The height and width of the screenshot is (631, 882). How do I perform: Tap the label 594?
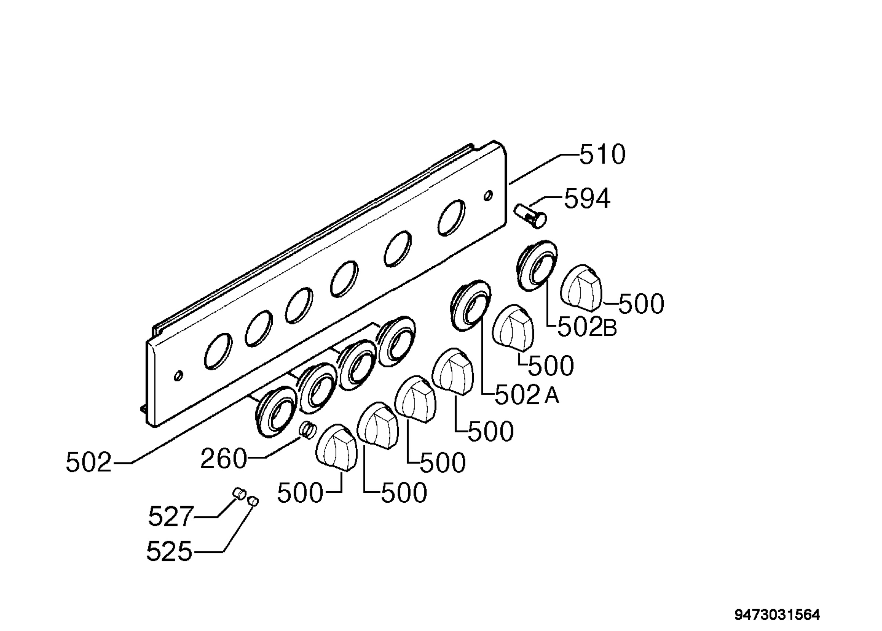point(587,199)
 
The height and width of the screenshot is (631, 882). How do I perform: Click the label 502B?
point(587,328)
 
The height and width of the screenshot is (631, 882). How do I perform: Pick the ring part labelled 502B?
point(537,265)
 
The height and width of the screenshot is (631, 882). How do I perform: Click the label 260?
point(223,459)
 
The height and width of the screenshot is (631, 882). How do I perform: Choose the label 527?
point(171,516)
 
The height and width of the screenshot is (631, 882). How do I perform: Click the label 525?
point(169,551)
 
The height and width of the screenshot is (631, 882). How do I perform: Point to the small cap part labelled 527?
point(239,494)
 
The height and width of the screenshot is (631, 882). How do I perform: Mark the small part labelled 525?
point(253,501)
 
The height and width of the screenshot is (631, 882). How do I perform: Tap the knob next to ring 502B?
point(581,288)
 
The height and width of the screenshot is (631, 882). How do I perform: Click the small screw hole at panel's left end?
point(179,376)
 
